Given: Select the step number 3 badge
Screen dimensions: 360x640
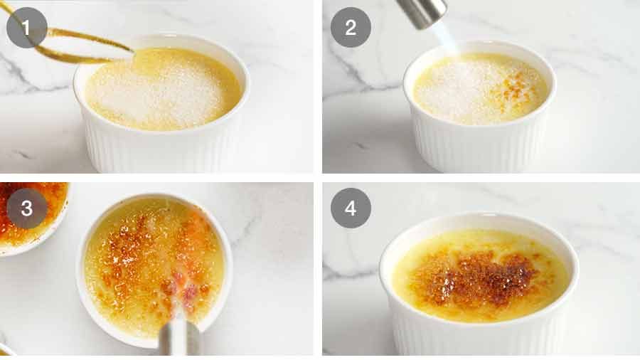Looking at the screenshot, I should click(x=27, y=208).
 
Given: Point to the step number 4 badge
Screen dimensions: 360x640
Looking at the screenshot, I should click(x=351, y=208).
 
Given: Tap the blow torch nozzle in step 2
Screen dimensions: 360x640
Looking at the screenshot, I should click(x=421, y=12).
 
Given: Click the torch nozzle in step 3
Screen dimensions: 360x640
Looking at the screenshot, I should click(x=178, y=339).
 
